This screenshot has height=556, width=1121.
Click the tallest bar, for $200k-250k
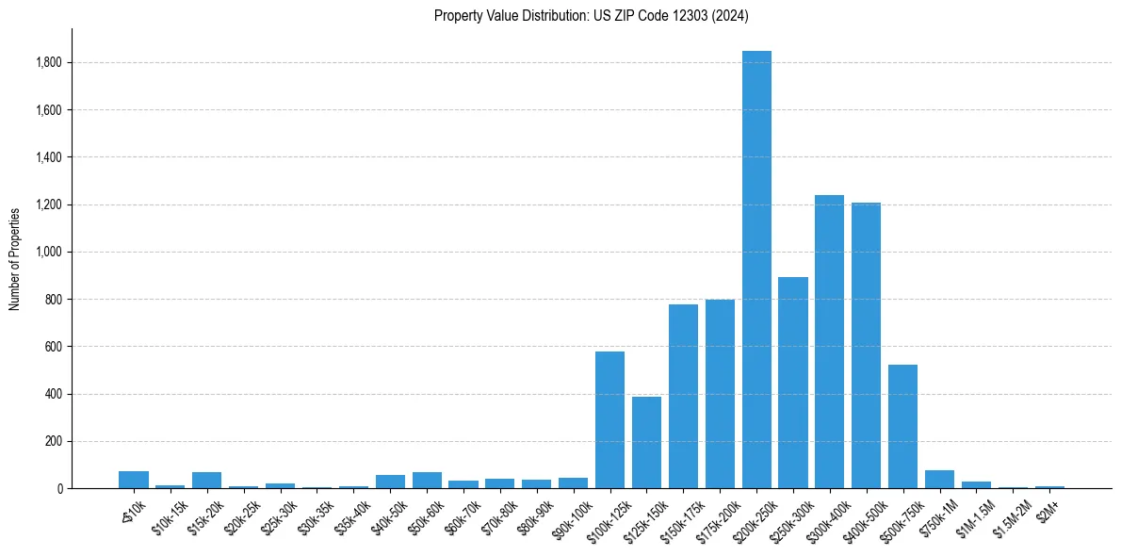(756, 270)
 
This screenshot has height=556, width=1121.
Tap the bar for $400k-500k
(866, 345)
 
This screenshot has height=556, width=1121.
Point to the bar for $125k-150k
(646, 442)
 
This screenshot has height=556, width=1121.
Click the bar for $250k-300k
(793, 383)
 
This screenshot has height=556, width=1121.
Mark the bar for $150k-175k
(683, 396)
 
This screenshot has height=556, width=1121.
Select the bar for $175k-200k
(720, 394)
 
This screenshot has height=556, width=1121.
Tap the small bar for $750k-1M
(939, 479)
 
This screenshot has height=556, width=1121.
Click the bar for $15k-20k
(206, 480)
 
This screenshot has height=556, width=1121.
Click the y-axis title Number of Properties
(15, 258)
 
